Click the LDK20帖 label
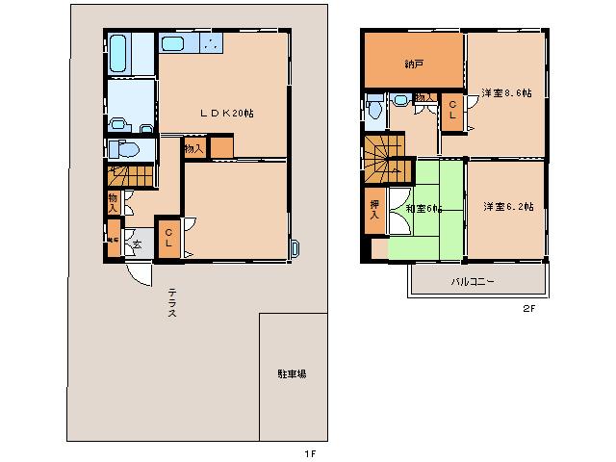(226, 113)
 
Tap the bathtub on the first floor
(119, 54)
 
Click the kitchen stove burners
(210, 43)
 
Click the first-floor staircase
(131, 176)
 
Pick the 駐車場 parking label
(292, 373)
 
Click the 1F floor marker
(309, 452)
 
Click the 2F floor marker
(527, 309)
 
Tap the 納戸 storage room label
(413, 64)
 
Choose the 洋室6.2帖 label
(506, 206)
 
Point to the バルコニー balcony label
(473, 282)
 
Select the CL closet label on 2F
(450, 109)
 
